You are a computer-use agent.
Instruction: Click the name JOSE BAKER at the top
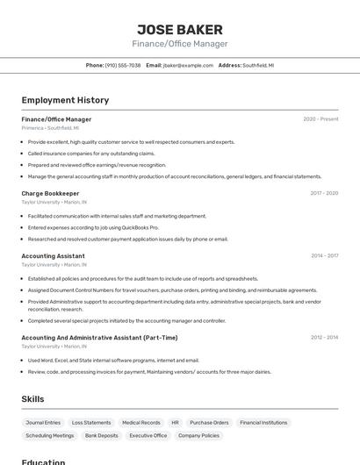[x=180, y=29]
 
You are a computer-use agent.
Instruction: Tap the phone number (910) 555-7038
[x=123, y=65]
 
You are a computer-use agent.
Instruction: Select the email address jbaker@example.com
[x=188, y=65]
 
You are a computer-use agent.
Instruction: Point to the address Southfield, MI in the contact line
[x=258, y=65]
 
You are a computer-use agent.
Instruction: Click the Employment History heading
[x=65, y=100]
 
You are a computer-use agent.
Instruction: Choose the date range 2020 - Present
[x=320, y=119]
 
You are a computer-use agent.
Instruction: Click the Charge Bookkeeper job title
[x=50, y=193]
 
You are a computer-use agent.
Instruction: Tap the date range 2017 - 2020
[x=324, y=193]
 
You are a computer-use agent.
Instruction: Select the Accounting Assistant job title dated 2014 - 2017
[x=53, y=256]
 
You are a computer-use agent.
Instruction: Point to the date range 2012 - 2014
[x=324, y=338]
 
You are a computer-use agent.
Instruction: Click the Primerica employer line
[x=51, y=128]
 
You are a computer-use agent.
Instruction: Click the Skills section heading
[x=32, y=399]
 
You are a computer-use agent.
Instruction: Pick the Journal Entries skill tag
[x=43, y=423]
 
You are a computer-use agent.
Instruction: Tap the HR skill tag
[x=175, y=423]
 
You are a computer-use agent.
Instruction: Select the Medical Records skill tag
[x=140, y=423]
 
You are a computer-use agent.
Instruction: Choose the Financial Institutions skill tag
[x=263, y=423]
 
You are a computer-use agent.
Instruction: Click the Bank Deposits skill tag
[x=101, y=435]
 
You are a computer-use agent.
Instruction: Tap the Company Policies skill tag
[x=198, y=435]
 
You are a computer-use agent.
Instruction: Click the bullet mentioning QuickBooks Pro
[x=93, y=227]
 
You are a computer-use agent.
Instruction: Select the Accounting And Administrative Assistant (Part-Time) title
[x=99, y=338]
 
